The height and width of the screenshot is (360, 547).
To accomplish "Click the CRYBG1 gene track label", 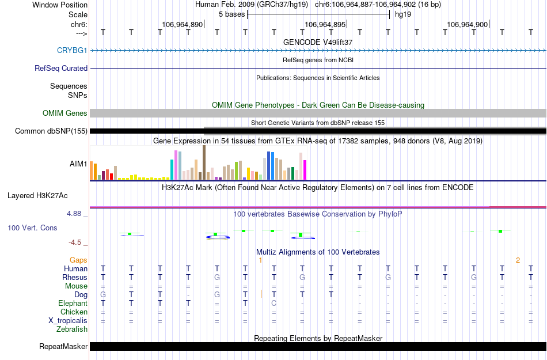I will [x=72, y=51].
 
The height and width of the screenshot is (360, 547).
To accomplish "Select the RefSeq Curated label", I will [x=61, y=68].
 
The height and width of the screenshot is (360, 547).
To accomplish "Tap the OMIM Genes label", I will [x=64, y=113].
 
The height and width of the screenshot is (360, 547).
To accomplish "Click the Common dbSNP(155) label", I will [x=51, y=131].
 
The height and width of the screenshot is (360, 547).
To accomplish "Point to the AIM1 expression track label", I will [x=78, y=164].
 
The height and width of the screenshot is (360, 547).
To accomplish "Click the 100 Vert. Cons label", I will [x=32, y=228].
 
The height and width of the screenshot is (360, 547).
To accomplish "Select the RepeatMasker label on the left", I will [x=63, y=347].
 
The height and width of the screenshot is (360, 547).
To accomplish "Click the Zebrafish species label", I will [x=72, y=329].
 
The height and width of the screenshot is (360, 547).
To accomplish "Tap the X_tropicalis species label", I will [x=68, y=321].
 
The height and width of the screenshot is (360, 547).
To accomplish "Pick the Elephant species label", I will [x=73, y=304].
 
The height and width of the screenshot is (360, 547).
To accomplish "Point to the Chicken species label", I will [x=74, y=312].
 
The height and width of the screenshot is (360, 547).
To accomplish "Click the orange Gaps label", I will [x=79, y=260].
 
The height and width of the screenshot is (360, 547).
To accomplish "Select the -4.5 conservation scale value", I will [x=76, y=242].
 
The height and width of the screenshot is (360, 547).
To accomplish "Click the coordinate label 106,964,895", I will [x=325, y=24].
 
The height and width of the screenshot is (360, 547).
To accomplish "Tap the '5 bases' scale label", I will [x=231, y=14].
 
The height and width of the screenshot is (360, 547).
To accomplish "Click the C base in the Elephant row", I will [x=274, y=304].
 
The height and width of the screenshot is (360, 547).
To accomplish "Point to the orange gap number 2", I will [x=518, y=260].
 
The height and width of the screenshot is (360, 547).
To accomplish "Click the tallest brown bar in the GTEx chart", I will [x=204, y=162].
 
